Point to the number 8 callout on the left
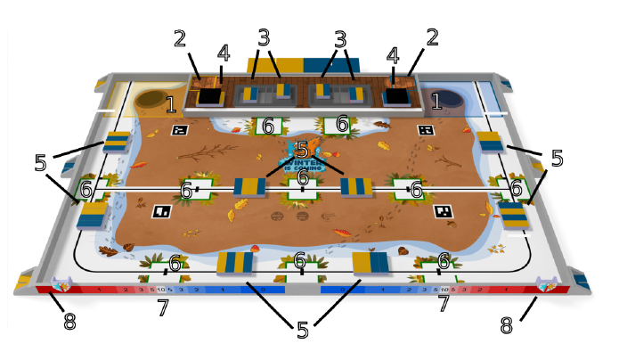coord(69,323)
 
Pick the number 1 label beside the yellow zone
coord(171,105)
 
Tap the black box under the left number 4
coord(210,95)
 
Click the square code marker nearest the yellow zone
coord(179,130)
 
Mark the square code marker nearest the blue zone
coord(426,130)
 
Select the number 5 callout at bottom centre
coord(303,330)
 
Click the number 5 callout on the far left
coord(40,163)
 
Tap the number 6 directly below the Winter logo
coord(303,179)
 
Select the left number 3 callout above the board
coord(264,38)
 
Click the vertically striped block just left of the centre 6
coord(249,187)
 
